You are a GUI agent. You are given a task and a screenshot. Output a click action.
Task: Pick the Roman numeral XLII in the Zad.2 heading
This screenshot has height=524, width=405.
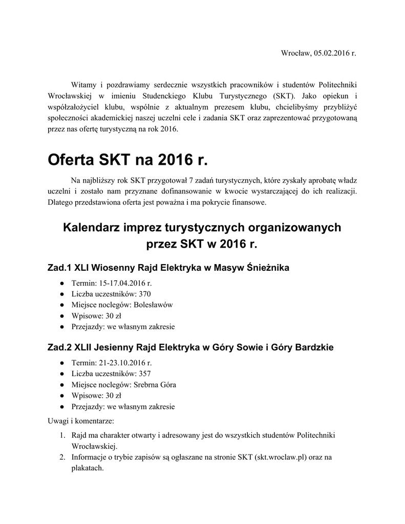pyautogui.click(x=86, y=347)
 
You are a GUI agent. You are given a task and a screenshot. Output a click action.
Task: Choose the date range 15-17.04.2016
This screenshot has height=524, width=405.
pyautogui.click(x=121, y=283)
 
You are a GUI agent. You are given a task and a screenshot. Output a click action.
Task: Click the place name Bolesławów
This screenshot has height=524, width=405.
pyautogui.click(x=153, y=304)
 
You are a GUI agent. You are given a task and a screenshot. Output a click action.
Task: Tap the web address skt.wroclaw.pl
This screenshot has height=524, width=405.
pyautogui.click(x=280, y=457)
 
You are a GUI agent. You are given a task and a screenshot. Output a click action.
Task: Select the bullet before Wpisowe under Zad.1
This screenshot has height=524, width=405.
pyautogui.click(x=61, y=316)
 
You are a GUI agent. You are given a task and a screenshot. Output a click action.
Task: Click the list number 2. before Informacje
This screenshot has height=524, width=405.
pyautogui.click(x=61, y=457)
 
